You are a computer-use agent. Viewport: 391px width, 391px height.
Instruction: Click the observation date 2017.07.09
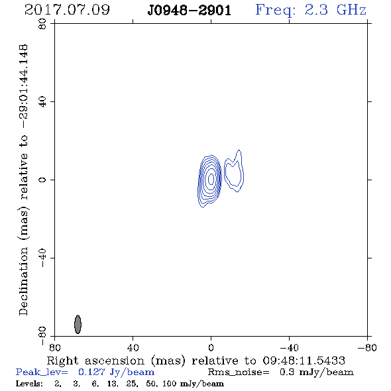[67, 10]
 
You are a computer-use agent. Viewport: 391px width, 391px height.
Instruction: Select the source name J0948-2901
[190, 10]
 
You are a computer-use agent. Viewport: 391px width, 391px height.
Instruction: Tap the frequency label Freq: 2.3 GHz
[311, 10]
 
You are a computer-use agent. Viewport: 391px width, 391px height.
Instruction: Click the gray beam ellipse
[78, 324]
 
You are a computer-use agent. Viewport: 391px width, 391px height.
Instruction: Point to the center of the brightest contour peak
[211, 179]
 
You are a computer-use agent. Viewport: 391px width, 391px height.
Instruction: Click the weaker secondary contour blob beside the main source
[234, 172]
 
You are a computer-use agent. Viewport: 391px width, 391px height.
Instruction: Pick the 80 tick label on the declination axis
[42, 24]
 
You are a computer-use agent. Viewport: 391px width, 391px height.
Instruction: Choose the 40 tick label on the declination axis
[42, 102]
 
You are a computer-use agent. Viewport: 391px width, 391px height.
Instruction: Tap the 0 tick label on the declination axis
[42, 180]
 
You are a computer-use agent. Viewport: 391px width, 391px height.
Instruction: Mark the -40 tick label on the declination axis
[42, 258]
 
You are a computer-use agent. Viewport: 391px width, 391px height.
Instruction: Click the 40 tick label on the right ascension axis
[133, 347]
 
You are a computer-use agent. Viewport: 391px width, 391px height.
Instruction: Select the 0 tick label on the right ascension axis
[211, 347]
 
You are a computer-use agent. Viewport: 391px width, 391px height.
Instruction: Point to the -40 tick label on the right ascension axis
[289, 347]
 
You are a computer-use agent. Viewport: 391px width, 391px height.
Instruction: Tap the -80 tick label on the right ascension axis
[367, 347]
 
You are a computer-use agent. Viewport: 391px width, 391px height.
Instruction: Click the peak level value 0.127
[91, 372]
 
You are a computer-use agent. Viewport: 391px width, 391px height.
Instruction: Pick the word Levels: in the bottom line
[29, 383]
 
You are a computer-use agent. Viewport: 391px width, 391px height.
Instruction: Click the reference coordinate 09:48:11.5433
[304, 361]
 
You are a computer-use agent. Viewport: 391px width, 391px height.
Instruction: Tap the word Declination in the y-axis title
[23, 281]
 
